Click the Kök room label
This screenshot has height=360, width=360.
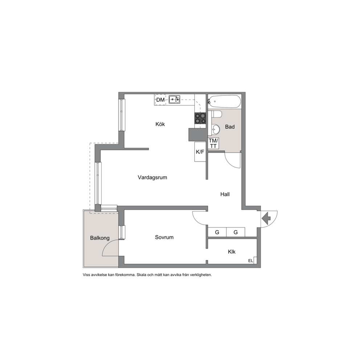click(160, 124)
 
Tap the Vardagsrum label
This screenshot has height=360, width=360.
click(152, 177)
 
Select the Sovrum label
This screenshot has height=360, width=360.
click(164, 237)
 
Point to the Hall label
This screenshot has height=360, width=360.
click(225, 194)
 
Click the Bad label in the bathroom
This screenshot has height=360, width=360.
click(230, 127)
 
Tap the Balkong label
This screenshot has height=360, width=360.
click(100, 238)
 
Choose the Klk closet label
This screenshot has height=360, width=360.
click(232, 252)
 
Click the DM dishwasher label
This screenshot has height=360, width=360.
click(160, 100)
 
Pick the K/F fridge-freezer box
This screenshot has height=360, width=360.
click(200, 152)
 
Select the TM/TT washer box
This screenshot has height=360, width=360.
click(213, 143)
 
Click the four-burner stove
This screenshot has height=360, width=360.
click(200, 118)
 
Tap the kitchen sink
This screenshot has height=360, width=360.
click(175, 99)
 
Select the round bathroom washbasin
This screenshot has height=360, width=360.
click(216, 129)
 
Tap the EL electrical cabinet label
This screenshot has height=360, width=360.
click(250, 261)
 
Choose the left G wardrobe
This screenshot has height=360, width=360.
click(217, 232)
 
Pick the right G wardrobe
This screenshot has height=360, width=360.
click(236, 232)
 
